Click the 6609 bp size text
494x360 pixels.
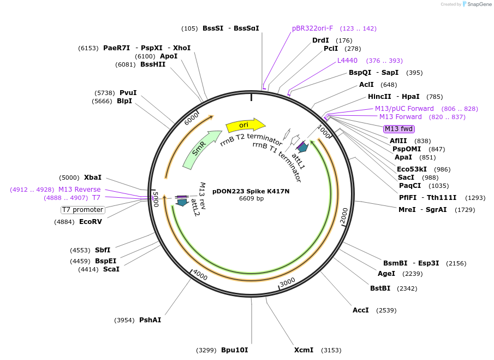(251, 198)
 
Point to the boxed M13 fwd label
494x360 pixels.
(398, 129)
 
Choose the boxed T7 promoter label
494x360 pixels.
(82, 210)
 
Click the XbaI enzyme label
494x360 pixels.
(92, 178)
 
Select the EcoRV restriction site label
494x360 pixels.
(90, 222)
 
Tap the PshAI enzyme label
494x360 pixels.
(150, 320)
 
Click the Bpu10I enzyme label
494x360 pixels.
(234, 350)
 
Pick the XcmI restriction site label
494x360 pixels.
(303, 350)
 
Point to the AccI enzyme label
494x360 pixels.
(361, 310)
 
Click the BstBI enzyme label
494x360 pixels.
(380, 288)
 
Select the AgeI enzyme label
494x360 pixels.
(386, 274)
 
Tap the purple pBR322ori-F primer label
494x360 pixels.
(312, 28)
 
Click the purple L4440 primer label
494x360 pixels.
(347, 61)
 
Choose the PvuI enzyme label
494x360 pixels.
(128, 93)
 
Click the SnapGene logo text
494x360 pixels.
(479, 4)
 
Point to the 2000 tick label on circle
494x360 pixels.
(344, 216)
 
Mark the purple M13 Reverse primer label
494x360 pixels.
(80, 190)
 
